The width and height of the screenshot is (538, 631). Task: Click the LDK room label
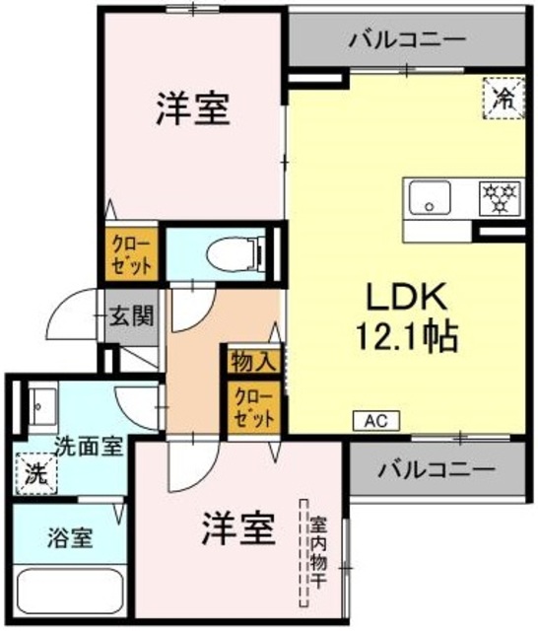[408, 296]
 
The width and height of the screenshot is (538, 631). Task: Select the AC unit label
[375, 421]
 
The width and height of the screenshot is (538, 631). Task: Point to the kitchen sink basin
[430, 197]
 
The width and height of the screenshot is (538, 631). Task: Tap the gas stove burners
[501, 197]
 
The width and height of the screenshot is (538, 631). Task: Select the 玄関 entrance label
[130, 316]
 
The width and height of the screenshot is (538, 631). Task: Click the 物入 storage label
[250, 362]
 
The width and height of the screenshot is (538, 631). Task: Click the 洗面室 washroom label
[89, 446]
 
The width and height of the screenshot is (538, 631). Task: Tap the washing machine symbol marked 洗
[35, 472]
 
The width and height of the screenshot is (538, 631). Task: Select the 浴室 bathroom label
[70, 539]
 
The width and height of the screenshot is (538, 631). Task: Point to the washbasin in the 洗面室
[40, 403]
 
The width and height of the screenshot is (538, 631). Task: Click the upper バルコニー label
[406, 39]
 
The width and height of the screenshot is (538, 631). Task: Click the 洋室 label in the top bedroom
[192, 109]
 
